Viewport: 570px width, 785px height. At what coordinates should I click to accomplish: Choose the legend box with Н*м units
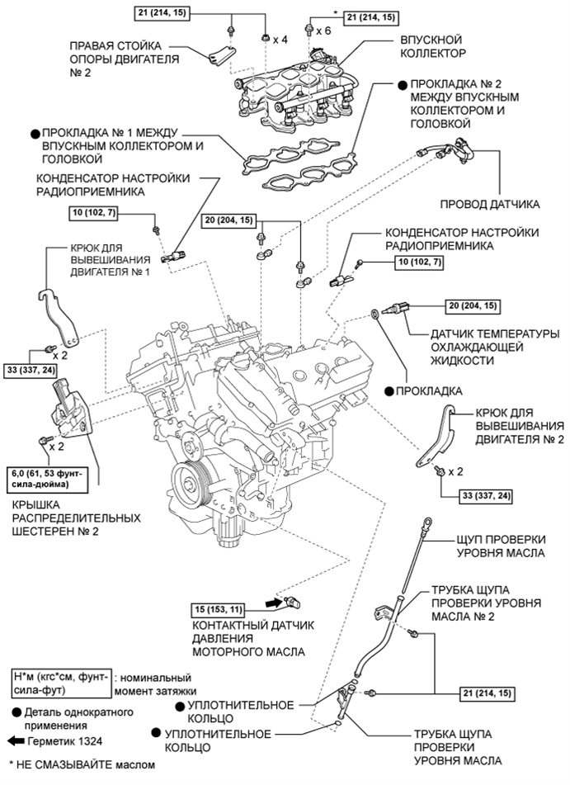click(x=57, y=683)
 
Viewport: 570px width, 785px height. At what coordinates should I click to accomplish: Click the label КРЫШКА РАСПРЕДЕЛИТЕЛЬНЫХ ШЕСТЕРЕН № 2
click(x=74, y=518)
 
